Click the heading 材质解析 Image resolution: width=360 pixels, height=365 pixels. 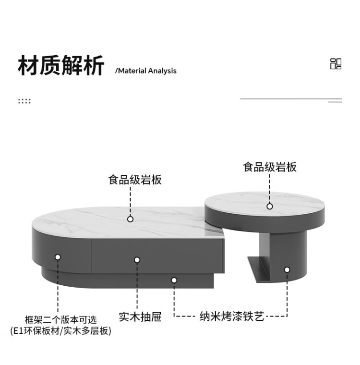click(60, 66)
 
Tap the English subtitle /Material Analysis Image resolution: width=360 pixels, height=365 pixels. click(146, 71)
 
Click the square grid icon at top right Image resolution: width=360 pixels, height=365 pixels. click(336, 64)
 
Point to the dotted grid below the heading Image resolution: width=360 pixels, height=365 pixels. click(24, 101)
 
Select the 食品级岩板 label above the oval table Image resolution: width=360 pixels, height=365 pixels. click(134, 180)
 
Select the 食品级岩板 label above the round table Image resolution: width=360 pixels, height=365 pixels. click(270, 167)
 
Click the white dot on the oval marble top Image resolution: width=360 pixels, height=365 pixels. click(130, 219)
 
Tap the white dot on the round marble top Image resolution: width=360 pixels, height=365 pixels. click(270, 206)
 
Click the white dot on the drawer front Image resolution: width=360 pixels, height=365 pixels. click(137, 260)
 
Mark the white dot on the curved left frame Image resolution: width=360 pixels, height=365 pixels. click(58, 257)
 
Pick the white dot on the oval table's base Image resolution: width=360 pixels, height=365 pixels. click(174, 280)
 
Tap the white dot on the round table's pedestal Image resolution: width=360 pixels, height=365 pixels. click(287, 270)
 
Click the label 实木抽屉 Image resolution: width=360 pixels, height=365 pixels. click(140, 317)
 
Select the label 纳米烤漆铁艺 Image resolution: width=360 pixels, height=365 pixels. click(232, 317)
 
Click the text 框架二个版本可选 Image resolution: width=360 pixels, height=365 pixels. click(60, 319)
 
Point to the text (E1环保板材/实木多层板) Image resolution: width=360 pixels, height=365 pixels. click(60, 331)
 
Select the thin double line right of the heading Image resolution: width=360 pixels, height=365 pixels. click(291, 100)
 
